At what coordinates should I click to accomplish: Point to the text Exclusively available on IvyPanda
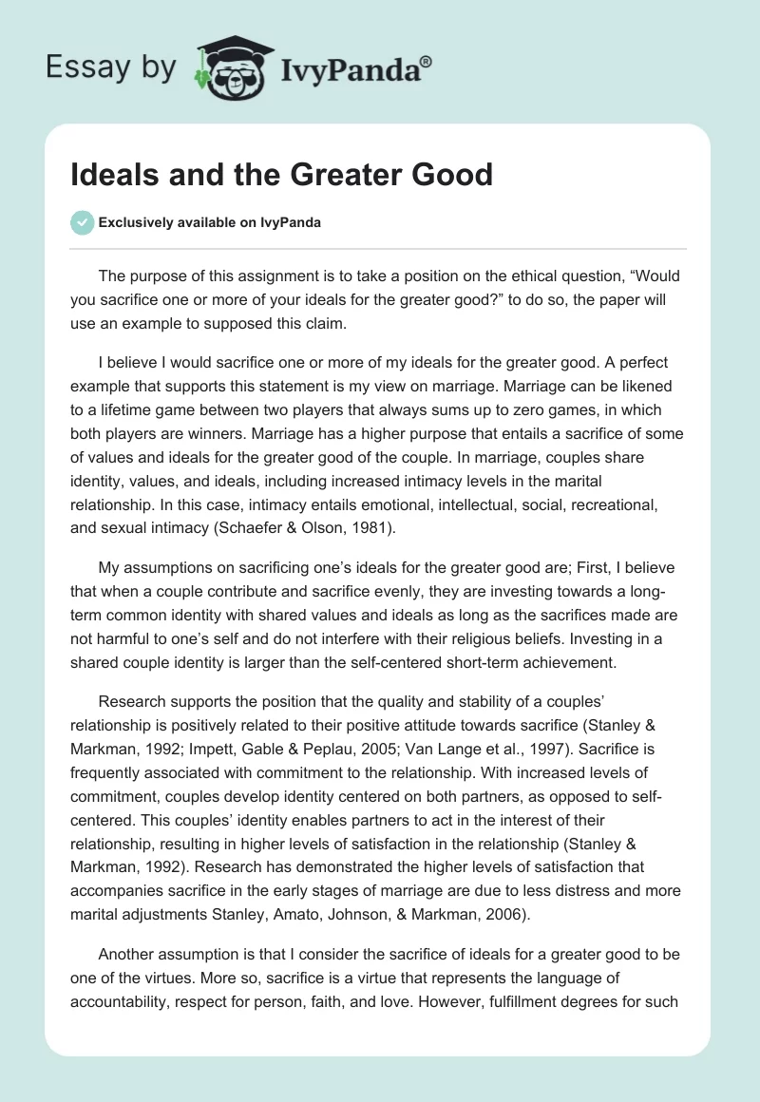coord(210,222)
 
